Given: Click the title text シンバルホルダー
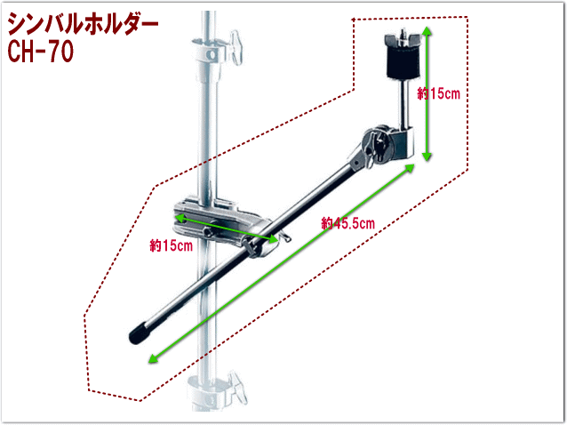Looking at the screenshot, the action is [83, 24].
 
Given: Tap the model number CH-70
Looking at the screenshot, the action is [41, 52].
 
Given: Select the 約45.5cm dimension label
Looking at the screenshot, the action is [347, 223].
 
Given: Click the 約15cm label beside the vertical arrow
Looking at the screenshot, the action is [439, 93].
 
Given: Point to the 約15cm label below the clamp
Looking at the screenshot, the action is [171, 246].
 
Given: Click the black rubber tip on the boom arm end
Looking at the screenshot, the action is [138, 333].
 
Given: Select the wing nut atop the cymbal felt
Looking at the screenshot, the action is [403, 39].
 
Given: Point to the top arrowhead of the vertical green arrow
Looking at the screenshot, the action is [427, 30].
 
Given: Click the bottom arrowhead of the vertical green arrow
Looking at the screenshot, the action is [427, 156].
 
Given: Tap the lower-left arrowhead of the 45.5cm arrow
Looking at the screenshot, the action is [153, 358].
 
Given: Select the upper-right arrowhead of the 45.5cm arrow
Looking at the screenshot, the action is [410, 168].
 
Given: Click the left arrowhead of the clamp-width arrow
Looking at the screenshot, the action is [180, 217].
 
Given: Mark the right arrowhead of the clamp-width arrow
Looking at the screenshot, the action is [274, 238].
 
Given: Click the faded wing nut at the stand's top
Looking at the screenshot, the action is [236, 48].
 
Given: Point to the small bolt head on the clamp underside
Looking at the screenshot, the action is [208, 232].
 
